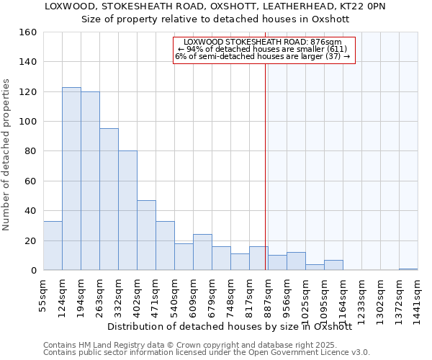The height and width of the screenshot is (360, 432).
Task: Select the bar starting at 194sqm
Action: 90,181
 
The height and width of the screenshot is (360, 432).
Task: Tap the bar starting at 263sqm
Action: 109,199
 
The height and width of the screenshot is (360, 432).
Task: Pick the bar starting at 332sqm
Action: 127,210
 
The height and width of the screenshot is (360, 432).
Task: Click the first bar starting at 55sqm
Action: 53,246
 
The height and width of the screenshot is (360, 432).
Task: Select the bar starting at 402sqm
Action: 146,235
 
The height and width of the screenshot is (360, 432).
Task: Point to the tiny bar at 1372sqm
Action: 408,269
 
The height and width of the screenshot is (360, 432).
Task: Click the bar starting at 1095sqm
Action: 333,265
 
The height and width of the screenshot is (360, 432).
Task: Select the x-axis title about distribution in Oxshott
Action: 234,326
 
